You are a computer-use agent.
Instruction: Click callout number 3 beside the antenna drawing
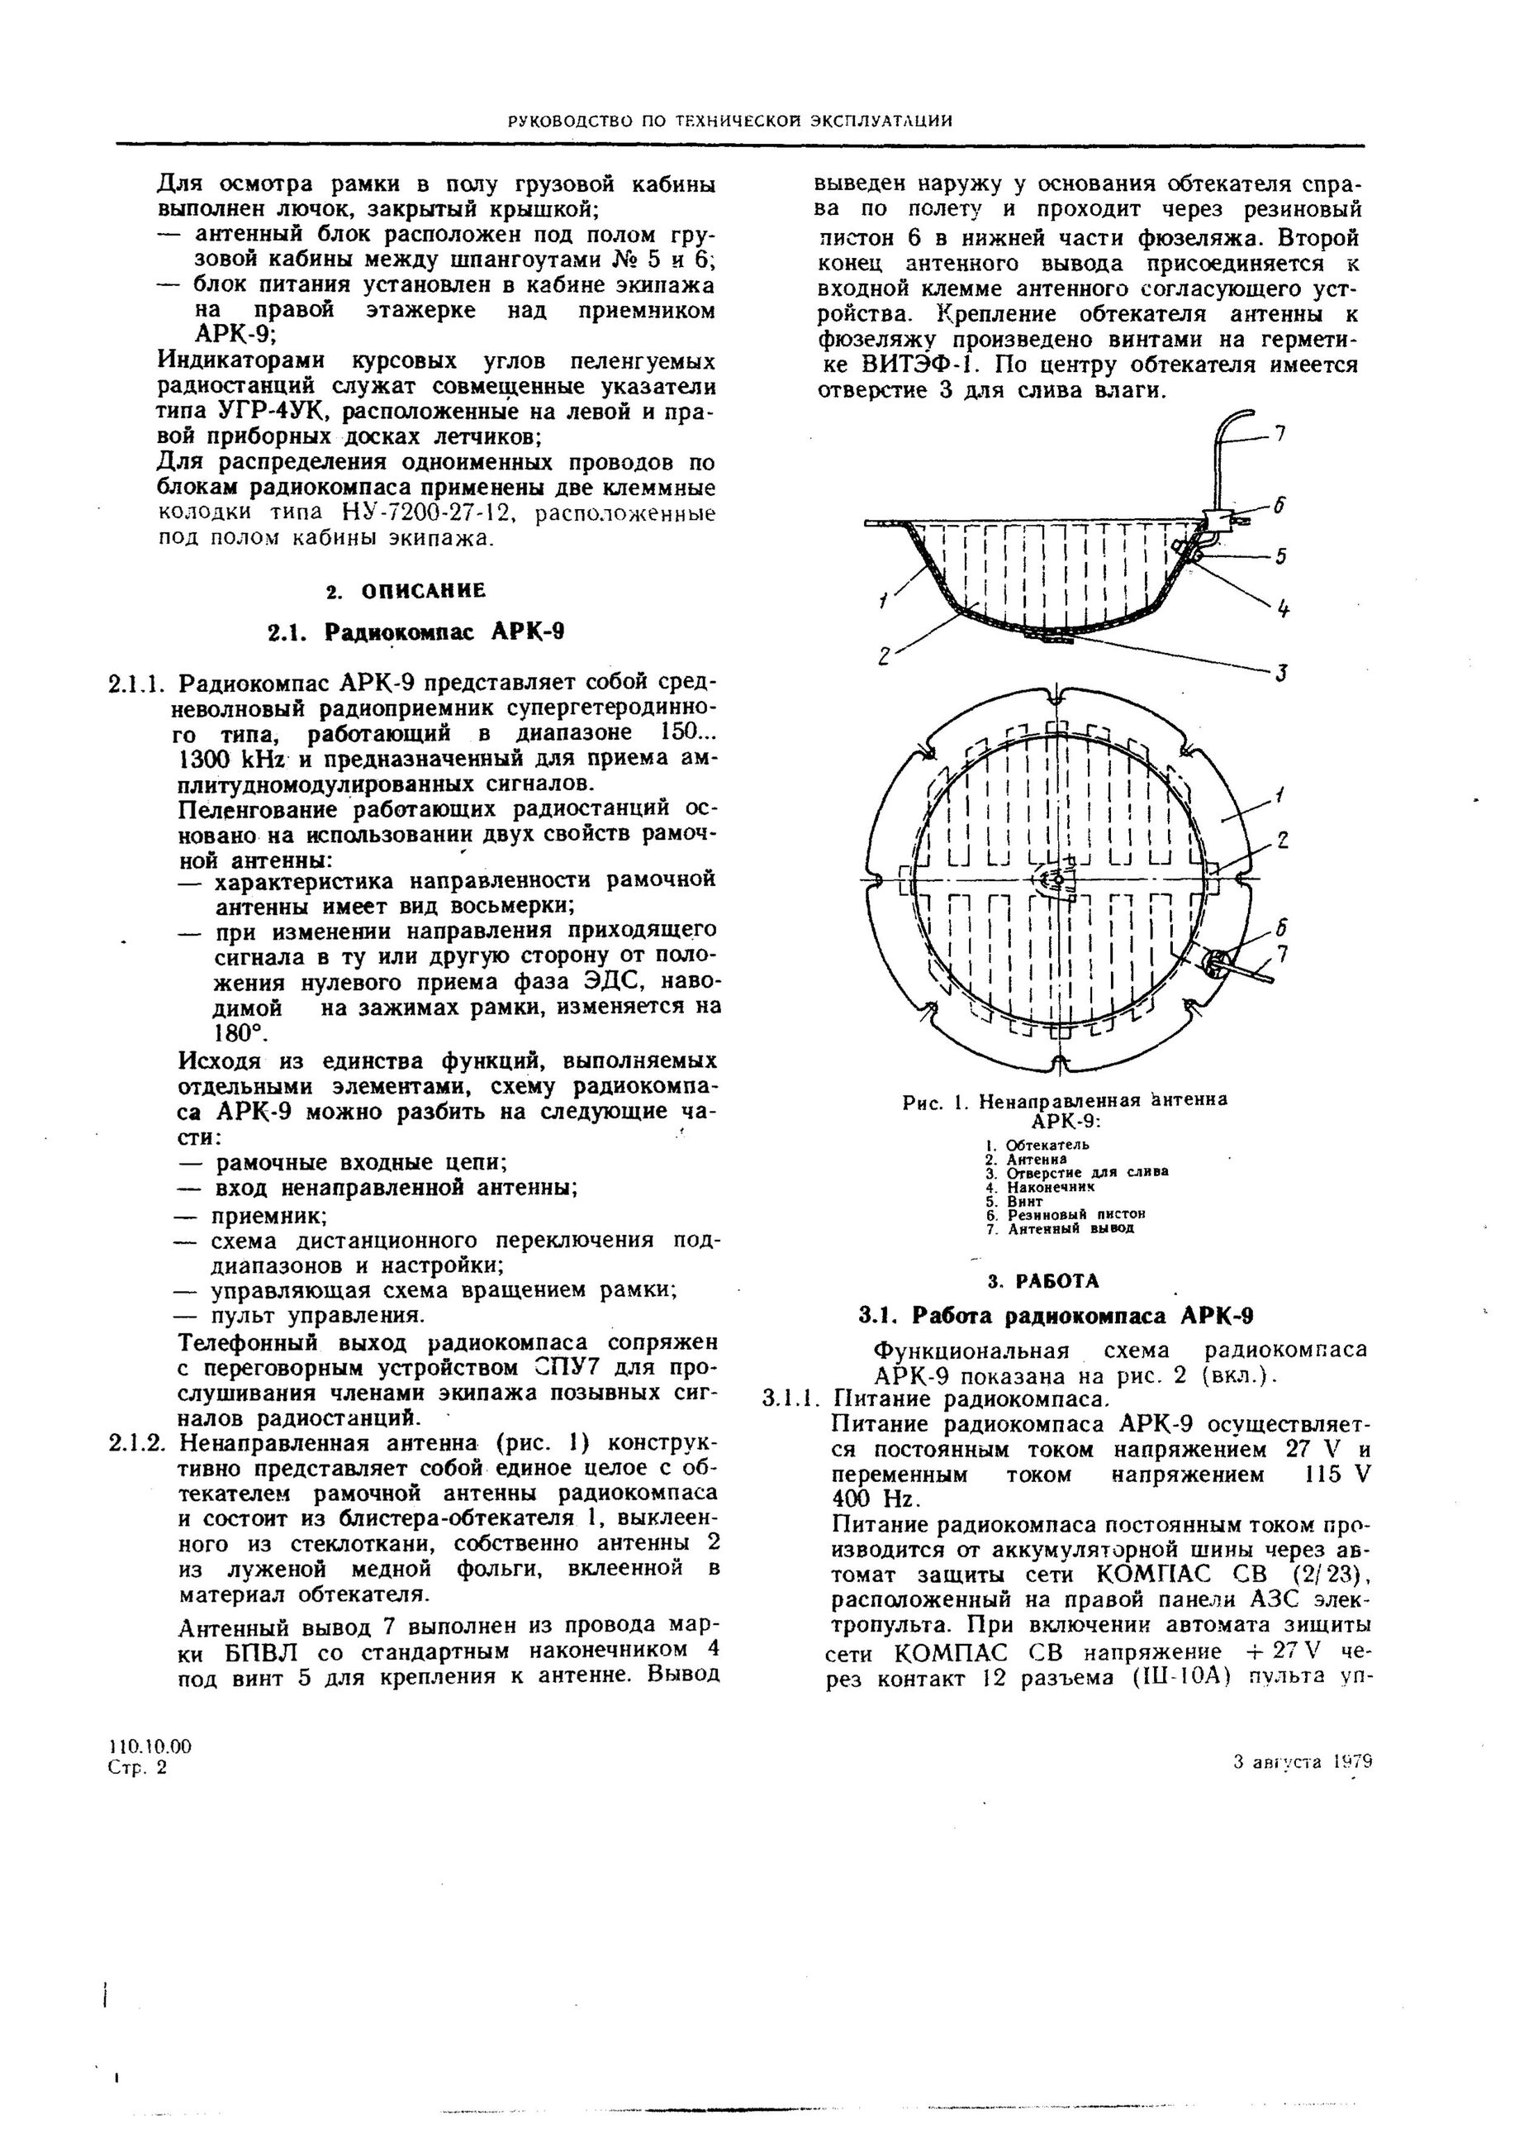[x=1281, y=672]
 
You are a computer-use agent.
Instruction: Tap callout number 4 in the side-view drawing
[x=1282, y=608]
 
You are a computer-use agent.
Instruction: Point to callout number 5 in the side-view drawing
[x=1280, y=557]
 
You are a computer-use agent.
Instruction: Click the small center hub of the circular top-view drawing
[x=1057, y=879]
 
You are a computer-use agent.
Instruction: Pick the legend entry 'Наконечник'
[x=1050, y=1187]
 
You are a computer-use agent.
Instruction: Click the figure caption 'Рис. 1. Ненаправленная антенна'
[x=1064, y=1100]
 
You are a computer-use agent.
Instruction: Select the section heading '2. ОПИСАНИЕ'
[x=406, y=592]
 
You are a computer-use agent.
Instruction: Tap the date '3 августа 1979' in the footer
[x=1303, y=1762]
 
